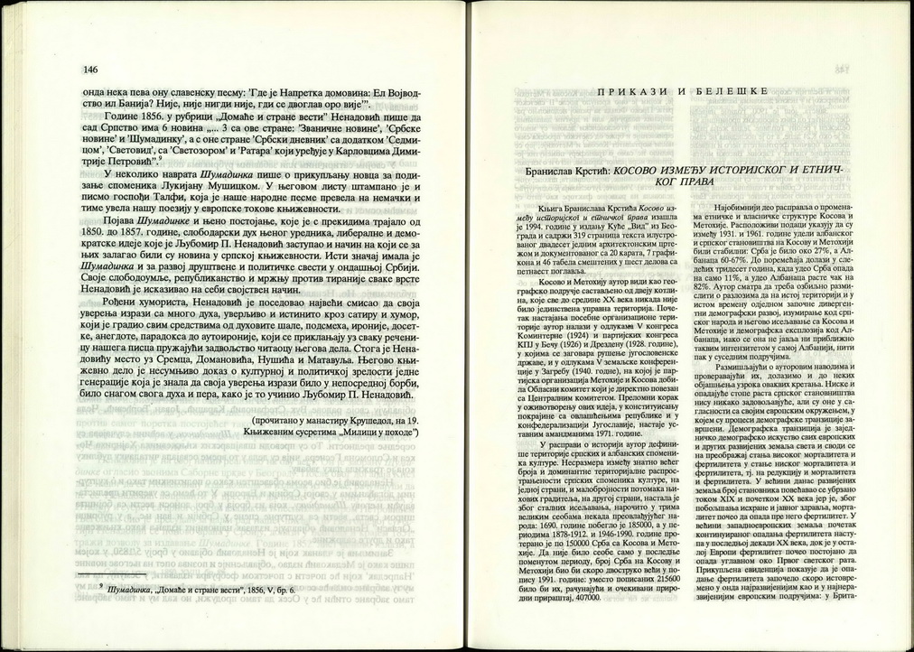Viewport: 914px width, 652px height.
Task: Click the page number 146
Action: click(x=90, y=70)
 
